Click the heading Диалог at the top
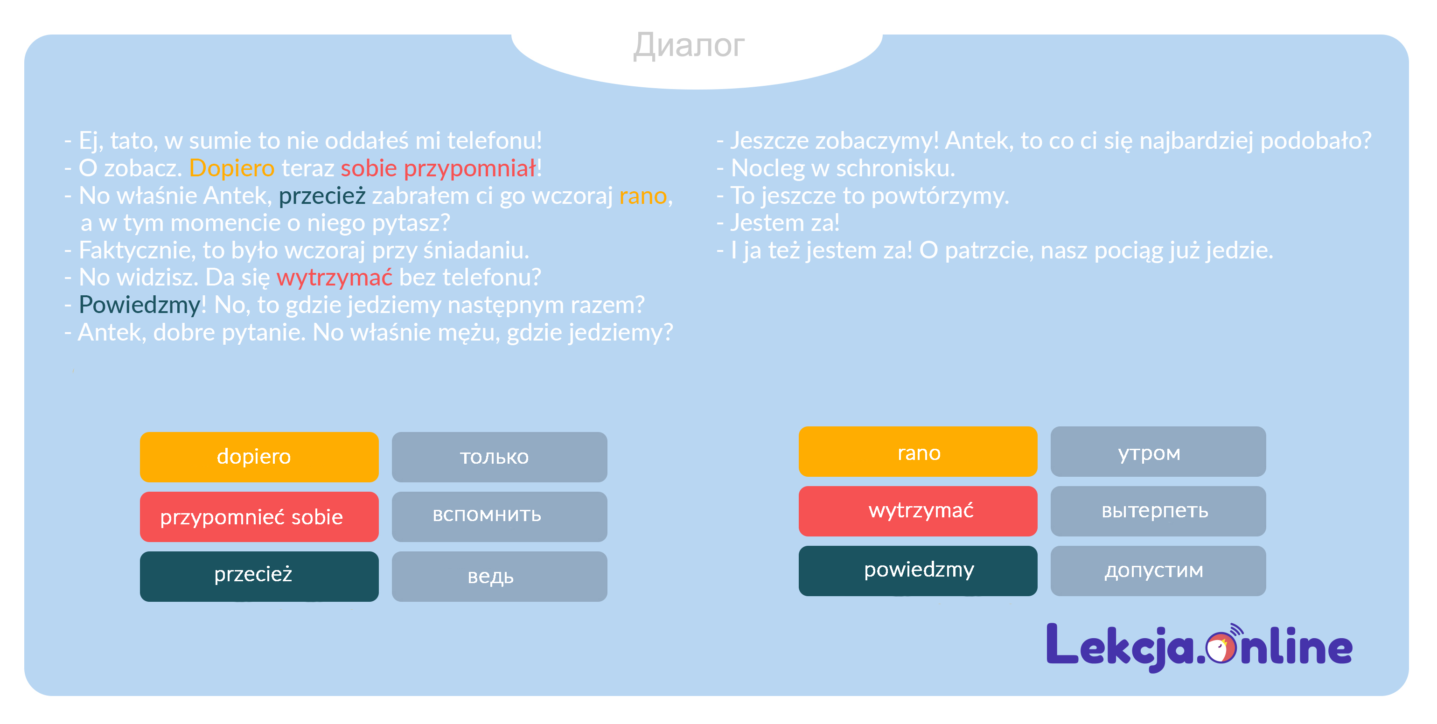[689, 45]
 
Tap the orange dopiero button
[259, 457]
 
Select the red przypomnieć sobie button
[259, 516]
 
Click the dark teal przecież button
[259, 576]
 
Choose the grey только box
[499, 457]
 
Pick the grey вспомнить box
[499, 516]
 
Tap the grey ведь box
[499, 576]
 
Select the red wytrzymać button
[918, 511]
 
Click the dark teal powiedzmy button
[918, 571]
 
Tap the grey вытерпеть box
[1158, 511]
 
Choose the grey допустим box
[1158, 571]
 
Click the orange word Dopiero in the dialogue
[232, 168]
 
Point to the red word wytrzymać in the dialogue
[335, 278]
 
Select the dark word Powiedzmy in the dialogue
[140, 305]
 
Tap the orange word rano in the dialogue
[643, 196]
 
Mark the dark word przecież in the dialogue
[322, 196]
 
